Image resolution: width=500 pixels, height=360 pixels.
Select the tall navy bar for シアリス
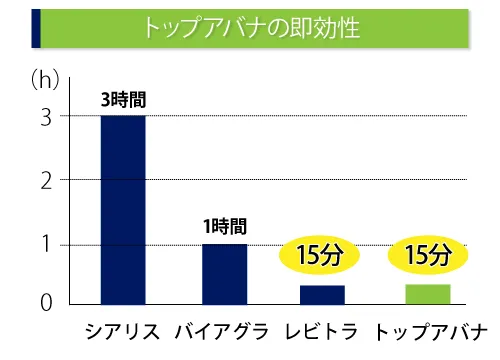(x=123, y=209)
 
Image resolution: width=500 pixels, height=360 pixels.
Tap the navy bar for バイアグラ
(x=224, y=273)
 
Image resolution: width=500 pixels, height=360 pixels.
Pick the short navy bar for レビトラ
(x=322, y=294)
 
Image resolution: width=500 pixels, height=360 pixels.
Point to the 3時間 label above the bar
(x=122, y=99)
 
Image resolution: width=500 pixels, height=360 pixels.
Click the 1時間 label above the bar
(x=224, y=227)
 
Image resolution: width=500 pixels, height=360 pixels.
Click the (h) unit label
(x=47, y=76)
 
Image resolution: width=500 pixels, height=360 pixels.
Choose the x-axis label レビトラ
(x=322, y=332)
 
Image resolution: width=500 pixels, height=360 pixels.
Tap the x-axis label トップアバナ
(x=431, y=332)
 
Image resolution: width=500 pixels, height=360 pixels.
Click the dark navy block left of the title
(x=37, y=27)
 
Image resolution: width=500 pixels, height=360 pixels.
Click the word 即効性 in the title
(x=327, y=26)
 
